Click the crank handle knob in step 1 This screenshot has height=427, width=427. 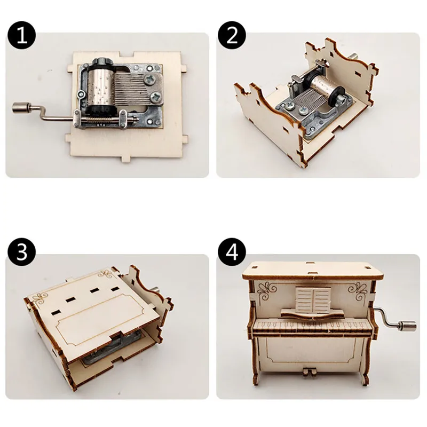tap(21, 107)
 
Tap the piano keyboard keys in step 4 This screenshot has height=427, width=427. tap(312, 326)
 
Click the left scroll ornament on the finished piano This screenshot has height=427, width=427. tap(267, 291)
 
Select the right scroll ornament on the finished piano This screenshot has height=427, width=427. tap(357, 291)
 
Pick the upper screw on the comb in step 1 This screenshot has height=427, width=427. tap(150, 79)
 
